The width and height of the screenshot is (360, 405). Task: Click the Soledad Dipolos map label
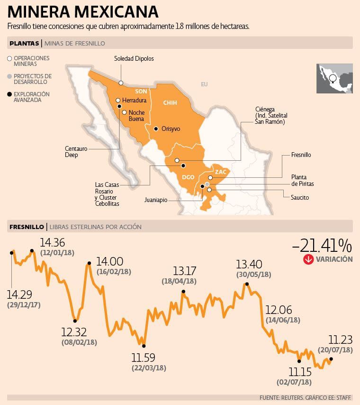coord(134,59)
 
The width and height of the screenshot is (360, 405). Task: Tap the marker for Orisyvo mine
coord(155,129)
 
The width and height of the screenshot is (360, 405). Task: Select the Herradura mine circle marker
coord(118,101)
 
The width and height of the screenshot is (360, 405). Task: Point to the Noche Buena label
coord(136,115)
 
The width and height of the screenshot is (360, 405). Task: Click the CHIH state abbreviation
coord(170,102)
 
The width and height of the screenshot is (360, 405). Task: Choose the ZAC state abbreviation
coord(220,172)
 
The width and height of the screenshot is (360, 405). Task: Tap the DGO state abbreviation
coord(188,177)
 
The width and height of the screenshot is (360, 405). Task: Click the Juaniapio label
coord(156,200)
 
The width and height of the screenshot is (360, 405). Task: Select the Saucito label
coord(300,197)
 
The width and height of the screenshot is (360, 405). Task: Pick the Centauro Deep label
coord(76,152)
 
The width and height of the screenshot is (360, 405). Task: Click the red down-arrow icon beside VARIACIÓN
coord(308,259)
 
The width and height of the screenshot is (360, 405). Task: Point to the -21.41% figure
coord(322,245)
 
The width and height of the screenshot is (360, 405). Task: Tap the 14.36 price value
coord(53,242)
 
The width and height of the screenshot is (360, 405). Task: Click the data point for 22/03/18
coord(144,346)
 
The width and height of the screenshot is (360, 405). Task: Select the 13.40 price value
coord(249,264)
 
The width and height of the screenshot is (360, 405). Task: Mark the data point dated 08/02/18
coord(75,321)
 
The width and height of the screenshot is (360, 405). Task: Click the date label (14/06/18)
coord(283,320)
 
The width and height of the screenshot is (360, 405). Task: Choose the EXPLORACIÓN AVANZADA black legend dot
coord(9,94)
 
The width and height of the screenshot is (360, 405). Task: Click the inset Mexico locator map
coord(334,79)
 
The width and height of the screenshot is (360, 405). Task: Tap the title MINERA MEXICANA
coord(83,11)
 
